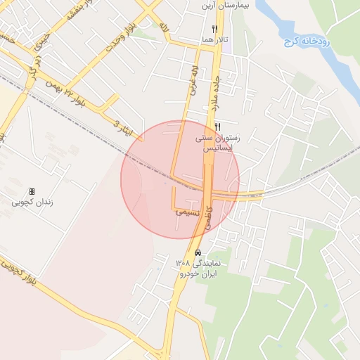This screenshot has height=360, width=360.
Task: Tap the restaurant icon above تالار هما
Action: tap(214, 30)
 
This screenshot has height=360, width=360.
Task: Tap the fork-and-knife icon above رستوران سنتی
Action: tap(217, 127)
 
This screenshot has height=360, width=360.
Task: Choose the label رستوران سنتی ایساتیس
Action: tap(217, 144)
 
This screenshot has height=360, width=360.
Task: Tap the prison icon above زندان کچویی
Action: tap(32, 192)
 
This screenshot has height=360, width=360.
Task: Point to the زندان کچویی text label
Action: tap(32, 203)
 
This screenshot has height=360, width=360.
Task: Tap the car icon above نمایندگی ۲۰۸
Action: tap(198, 252)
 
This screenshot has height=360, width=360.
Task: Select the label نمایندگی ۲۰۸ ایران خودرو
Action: tap(198, 268)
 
